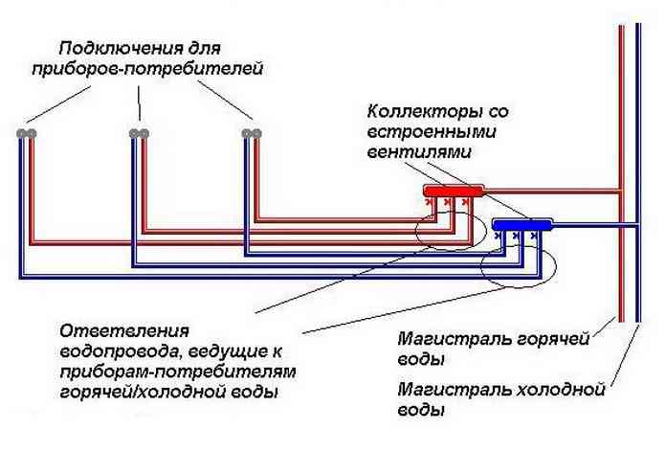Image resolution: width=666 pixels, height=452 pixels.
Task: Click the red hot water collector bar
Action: (x=455, y=192)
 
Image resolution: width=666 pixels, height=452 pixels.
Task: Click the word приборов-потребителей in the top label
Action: (x=144, y=69)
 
